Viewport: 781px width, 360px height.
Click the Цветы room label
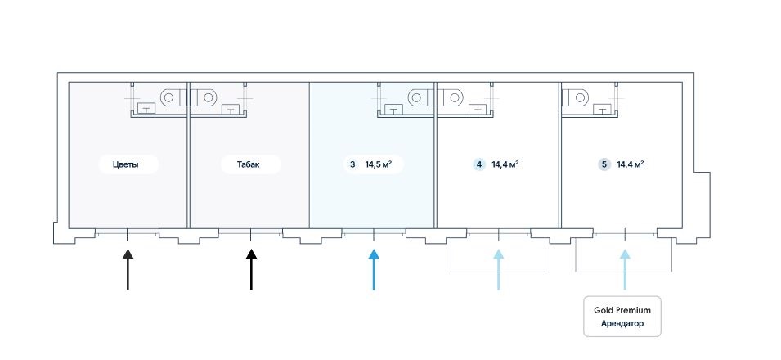pyautogui.click(x=125, y=164)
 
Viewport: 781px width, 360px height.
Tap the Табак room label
pyautogui.click(x=251, y=164)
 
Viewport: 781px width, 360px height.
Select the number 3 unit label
pyautogui.click(x=352, y=164)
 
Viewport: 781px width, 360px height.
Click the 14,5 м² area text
pyautogui.click(x=379, y=164)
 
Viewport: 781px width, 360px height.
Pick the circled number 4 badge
pyautogui.click(x=478, y=164)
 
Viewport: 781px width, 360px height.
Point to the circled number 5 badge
pyautogui.click(x=604, y=164)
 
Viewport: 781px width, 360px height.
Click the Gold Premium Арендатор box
pyautogui.click(x=622, y=317)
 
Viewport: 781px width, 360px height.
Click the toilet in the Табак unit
pyautogui.click(x=207, y=97)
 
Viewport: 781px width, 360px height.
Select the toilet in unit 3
pyautogui.click(x=419, y=97)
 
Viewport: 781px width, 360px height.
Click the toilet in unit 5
pyautogui.click(x=578, y=97)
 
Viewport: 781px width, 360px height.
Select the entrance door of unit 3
pyautogui.click(x=374, y=234)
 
